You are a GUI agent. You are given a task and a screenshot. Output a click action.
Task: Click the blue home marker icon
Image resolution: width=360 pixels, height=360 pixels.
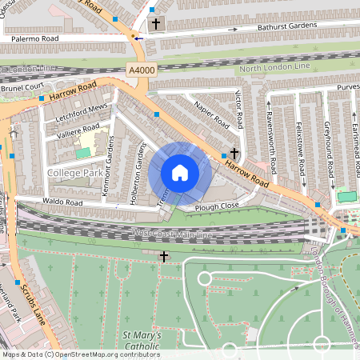[x=180, y=173]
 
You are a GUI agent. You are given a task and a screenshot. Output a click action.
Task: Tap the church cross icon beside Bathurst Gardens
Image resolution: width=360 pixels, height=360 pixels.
[x=154, y=24]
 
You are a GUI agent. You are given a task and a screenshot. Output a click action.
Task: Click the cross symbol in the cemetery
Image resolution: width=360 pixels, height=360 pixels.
[x=164, y=257]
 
